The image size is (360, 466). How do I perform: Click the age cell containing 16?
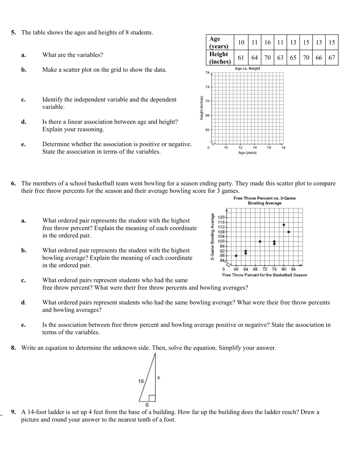click(267, 42)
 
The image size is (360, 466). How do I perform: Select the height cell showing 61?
click(241, 58)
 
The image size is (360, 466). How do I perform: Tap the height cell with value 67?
click(332, 58)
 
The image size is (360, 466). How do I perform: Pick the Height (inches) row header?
click(220, 58)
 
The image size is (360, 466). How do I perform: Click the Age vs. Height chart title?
click(247, 68)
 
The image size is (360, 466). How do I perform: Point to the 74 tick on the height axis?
click(207, 87)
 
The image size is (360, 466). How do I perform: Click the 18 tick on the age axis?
click(283, 148)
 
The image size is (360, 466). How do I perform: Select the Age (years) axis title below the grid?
click(247, 153)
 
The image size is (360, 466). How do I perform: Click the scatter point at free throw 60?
click(236, 255)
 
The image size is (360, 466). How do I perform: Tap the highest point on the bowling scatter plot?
click(284, 225)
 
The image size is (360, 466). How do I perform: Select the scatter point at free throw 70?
click(260, 241)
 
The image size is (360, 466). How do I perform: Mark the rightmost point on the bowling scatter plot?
click(289, 232)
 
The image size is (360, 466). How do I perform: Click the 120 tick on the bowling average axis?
click(221, 218)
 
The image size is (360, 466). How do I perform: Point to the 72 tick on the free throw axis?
click(265, 269)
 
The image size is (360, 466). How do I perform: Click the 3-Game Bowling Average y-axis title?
click(212, 237)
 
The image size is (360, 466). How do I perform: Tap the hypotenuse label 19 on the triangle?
click(141, 381)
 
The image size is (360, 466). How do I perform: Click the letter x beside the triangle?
click(158, 377)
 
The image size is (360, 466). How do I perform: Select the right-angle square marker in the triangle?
click(152, 398)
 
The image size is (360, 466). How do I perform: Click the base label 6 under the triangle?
click(147, 405)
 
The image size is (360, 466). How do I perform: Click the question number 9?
click(13, 412)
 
